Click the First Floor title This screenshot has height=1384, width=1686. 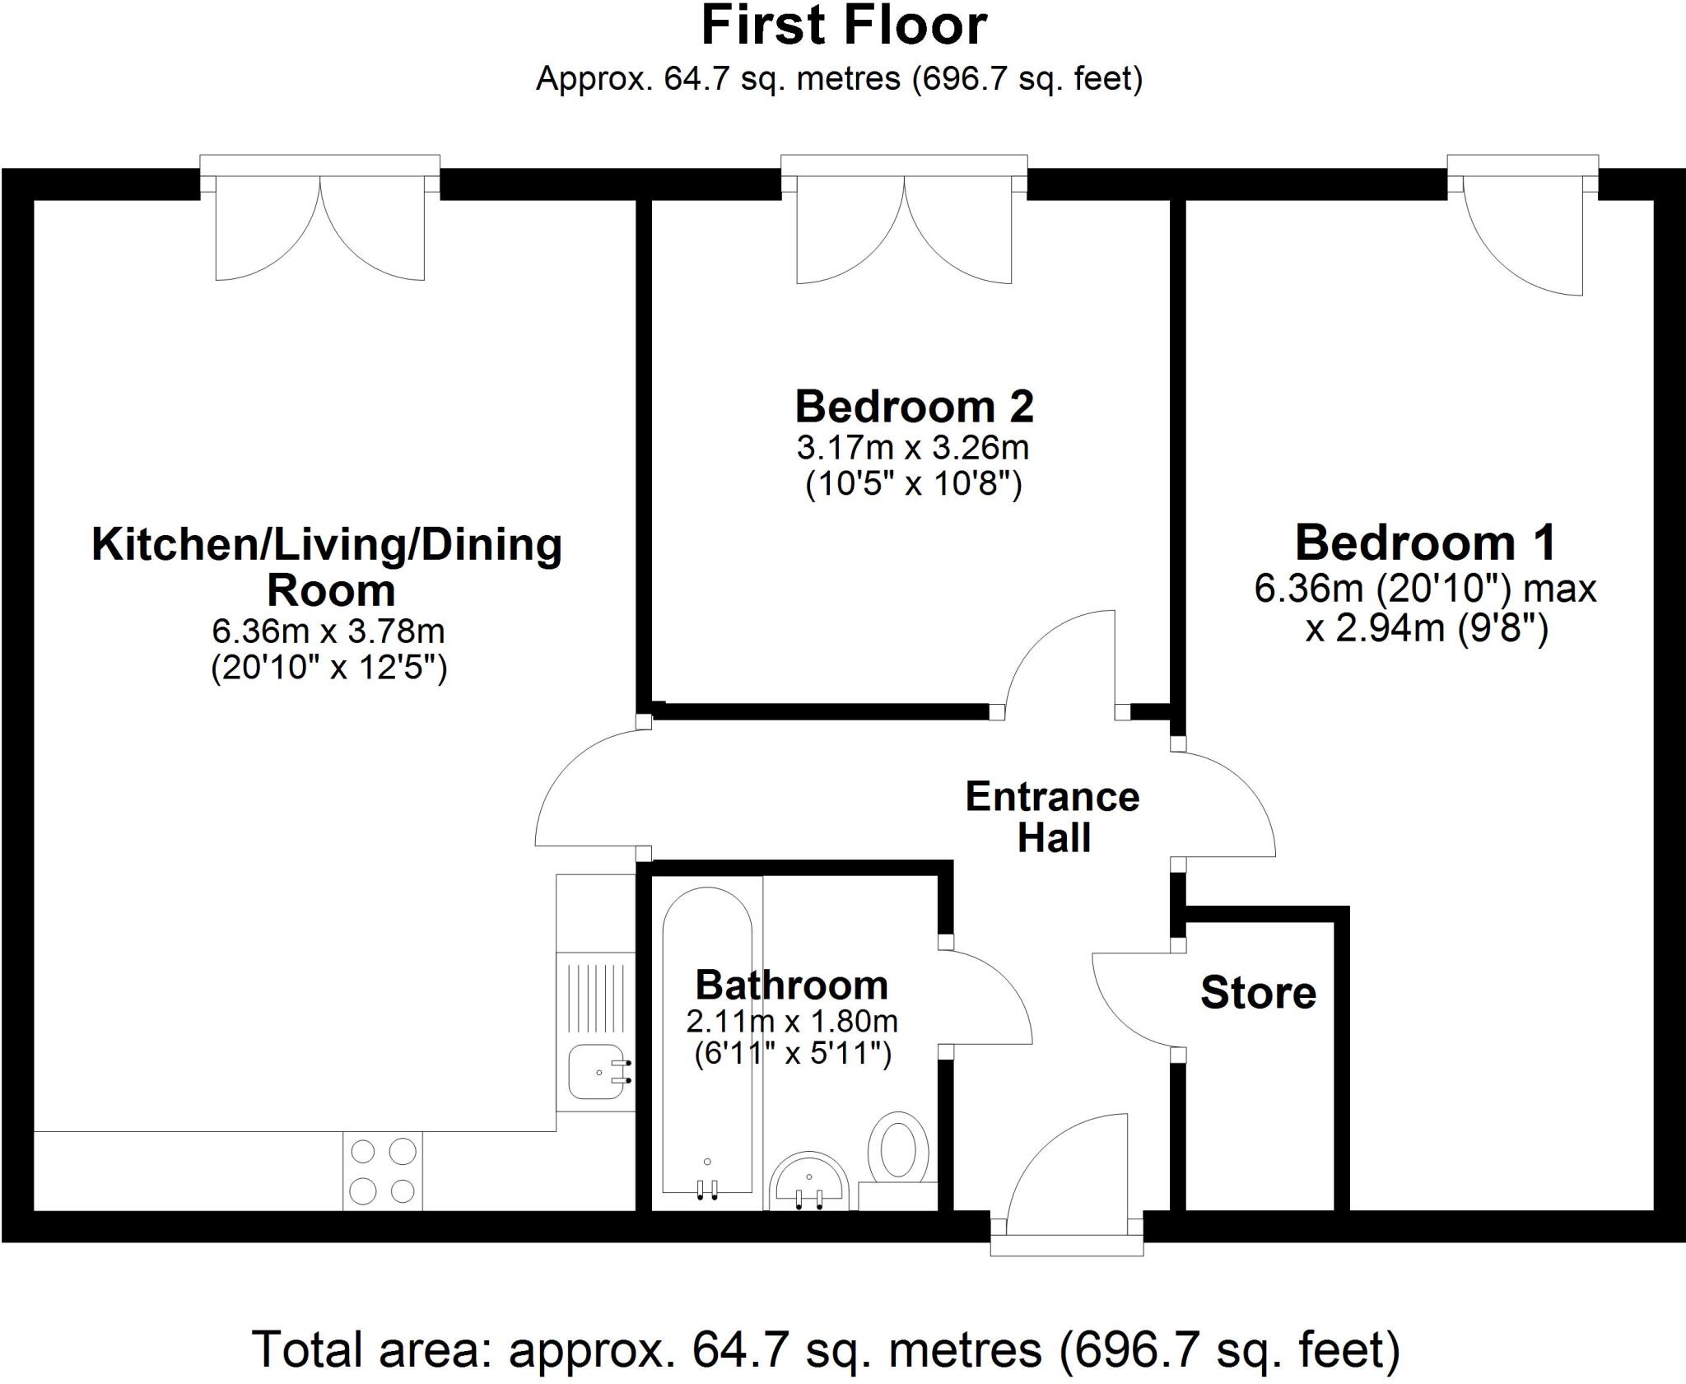coord(843,26)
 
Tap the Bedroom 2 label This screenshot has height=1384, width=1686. coord(914,407)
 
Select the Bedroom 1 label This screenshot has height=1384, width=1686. coord(1425,543)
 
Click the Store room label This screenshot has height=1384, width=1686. coord(1257,993)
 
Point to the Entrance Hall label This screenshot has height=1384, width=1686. coord(1053,817)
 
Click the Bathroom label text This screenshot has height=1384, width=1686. coord(791,985)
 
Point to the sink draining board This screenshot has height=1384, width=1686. coord(596,996)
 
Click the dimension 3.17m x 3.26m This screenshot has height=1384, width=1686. coord(912,448)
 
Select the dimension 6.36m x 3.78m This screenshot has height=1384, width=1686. coord(328,631)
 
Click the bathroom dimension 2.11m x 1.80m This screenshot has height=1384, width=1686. coord(791,1022)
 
